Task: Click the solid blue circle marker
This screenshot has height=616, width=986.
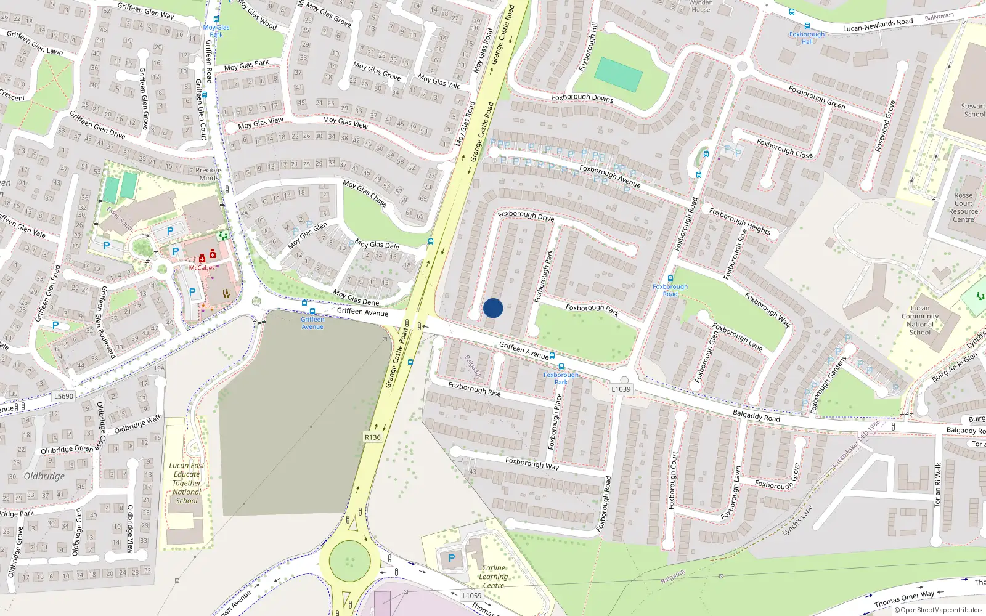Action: pyautogui.click(x=493, y=308)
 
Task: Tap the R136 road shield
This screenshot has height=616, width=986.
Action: pyautogui.click(x=372, y=437)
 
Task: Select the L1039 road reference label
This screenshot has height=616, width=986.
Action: pyautogui.click(x=621, y=389)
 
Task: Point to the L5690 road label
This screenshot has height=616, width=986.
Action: pyautogui.click(x=63, y=396)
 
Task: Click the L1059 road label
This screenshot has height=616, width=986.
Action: pyautogui.click(x=472, y=595)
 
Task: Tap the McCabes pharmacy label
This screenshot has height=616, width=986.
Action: pyautogui.click(x=202, y=268)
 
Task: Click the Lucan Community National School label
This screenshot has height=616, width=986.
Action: pyautogui.click(x=920, y=320)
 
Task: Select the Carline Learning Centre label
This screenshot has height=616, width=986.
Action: pyautogui.click(x=494, y=577)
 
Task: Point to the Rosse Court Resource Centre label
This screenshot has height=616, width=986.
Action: pyautogui.click(x=964, y=207)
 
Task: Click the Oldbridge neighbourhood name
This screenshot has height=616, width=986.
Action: pyautogui.click(x=44, y=476)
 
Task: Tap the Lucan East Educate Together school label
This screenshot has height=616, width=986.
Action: pyautogui.click(x=187, y=483)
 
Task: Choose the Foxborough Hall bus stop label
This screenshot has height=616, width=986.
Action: pyautogui.click(x=807, y=38)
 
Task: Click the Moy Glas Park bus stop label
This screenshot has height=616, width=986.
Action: pyautogui.click(x=216, y=31)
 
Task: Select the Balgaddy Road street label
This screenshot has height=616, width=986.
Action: pyautogui.click(x=756, y=416)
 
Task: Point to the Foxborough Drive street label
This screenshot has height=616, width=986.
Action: pyautogui.click(x=526, y=216)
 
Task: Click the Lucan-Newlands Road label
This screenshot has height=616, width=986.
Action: pyautogui.click(x=878, y=25)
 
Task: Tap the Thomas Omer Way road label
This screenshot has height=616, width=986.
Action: pyautogui.click(x=904, y=599)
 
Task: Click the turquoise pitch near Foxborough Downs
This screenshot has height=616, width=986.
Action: pyautogui.click(x=619, y=75)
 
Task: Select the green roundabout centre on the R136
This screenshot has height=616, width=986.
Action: pyautogui.click(x=350, y=561)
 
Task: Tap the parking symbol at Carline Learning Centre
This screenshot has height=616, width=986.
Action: pyautogui.click(x=452, y=558)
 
